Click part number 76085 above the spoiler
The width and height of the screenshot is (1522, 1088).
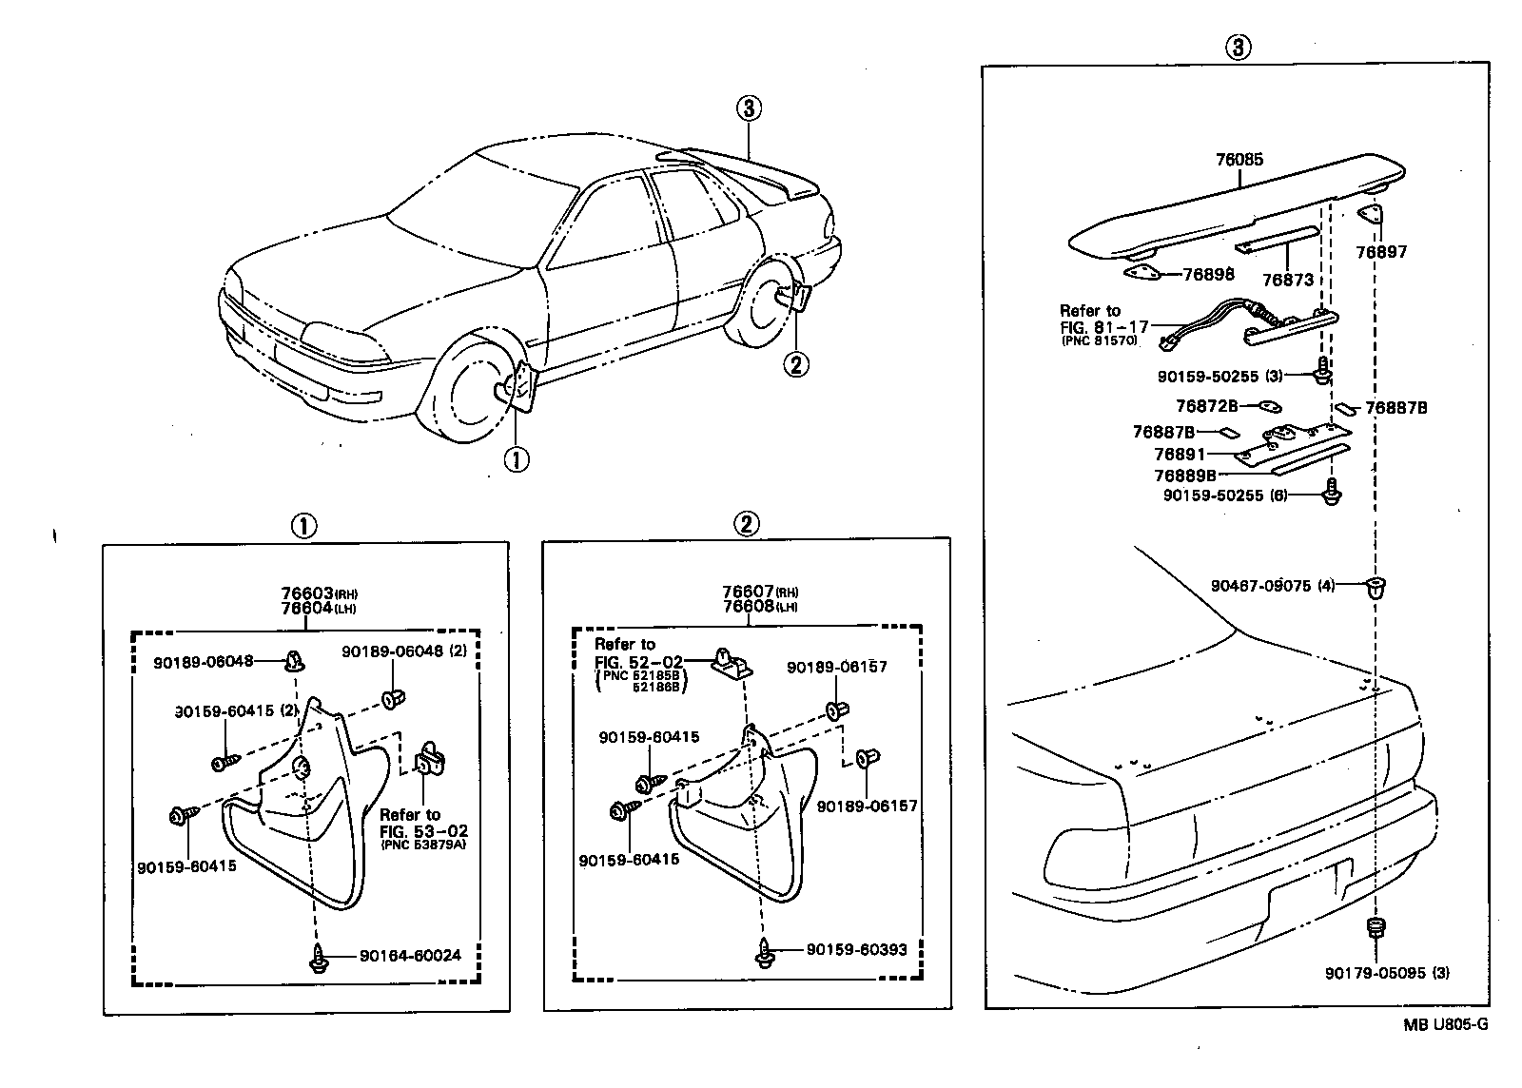[x=1239, y=160]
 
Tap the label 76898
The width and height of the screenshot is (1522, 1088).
[x=1208, y=274]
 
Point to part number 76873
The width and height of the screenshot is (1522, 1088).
[x=1287, y=280]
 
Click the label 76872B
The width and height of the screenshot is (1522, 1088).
[x=1206, y=406]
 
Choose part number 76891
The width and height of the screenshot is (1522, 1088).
[x=1180, y=455]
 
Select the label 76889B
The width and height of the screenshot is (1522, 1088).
[x=1185, y=475]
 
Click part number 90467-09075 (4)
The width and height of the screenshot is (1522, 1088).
[x=1273, y=586]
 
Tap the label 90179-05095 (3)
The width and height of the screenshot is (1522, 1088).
[x=1387, y=973]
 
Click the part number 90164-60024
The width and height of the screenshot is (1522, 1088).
[x=410, y=955]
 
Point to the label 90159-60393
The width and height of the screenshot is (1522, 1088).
[x=856, y=949]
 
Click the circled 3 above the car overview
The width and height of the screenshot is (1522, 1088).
[x=748, y=108]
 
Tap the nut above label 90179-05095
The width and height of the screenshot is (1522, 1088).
[x=1376, y=927]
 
